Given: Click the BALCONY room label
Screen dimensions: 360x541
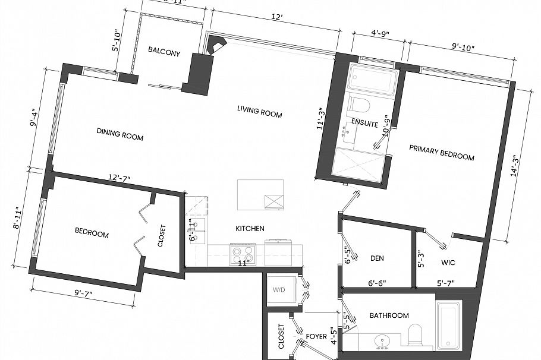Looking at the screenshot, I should click(163, 52).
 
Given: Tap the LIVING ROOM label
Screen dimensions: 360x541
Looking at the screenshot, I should click(259, 111).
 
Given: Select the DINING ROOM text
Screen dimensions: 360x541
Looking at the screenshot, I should click(119, 134).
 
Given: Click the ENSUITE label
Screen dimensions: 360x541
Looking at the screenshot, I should click(364, 122).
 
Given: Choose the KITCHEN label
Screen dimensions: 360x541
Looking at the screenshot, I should click(250, 228).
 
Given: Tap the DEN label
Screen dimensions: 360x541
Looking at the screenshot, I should click(376, 258).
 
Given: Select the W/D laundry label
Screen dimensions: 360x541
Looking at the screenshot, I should click(279, 290).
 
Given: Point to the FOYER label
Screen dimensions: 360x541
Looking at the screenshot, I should click(316, 336).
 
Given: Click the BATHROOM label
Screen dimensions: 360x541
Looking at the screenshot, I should click(389, 315).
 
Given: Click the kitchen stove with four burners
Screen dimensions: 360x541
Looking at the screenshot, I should click(242, 254).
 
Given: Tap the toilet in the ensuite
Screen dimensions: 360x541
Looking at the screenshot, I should click(360, 105).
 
